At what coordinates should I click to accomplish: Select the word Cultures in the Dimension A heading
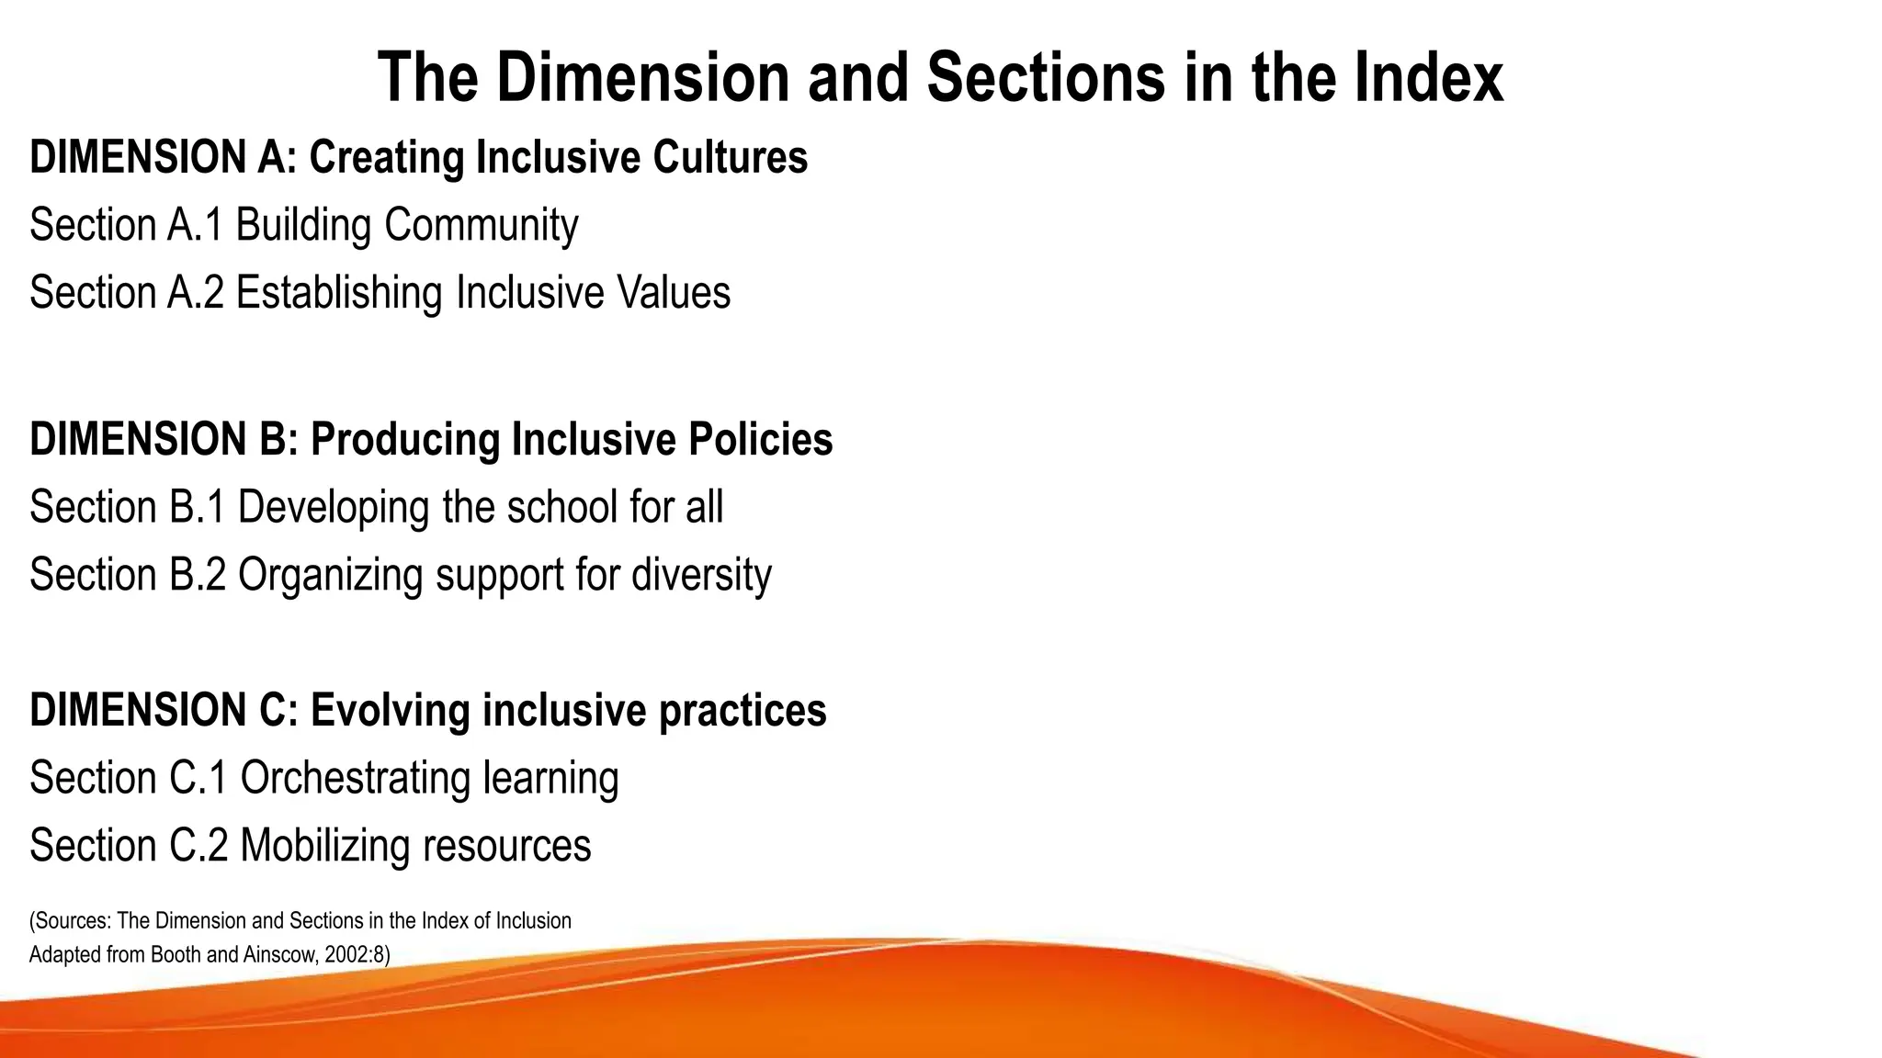tap(731, 157)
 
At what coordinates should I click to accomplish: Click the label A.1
tap(195, 225)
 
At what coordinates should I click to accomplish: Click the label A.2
tap(196, 293)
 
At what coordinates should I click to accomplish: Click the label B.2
tap(198, 575)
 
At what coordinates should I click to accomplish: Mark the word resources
tap(506, 846)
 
